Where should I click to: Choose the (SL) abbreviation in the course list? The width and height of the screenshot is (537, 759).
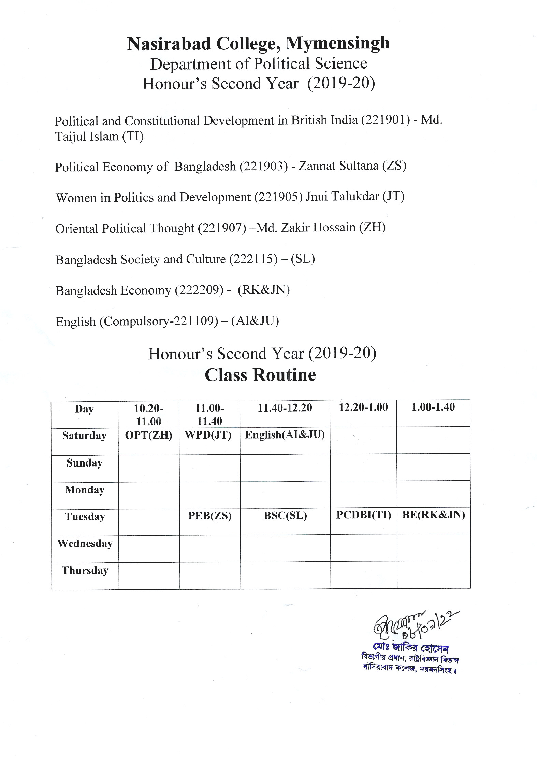303,259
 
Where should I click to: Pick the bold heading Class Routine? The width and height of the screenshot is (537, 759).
260,375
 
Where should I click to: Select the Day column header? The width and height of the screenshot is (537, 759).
84,409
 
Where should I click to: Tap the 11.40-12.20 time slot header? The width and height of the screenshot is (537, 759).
285,408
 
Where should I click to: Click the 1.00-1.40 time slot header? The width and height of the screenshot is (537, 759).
433,407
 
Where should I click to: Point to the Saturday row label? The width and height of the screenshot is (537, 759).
84,436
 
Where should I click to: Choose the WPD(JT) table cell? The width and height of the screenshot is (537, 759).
208,435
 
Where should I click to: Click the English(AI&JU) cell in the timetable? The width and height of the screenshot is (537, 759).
285,435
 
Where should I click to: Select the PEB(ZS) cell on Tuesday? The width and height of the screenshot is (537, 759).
210,516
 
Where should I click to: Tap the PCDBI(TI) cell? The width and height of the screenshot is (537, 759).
363,515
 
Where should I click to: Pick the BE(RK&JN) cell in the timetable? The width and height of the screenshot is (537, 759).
433,515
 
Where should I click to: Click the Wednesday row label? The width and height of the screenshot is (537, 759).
85,543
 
